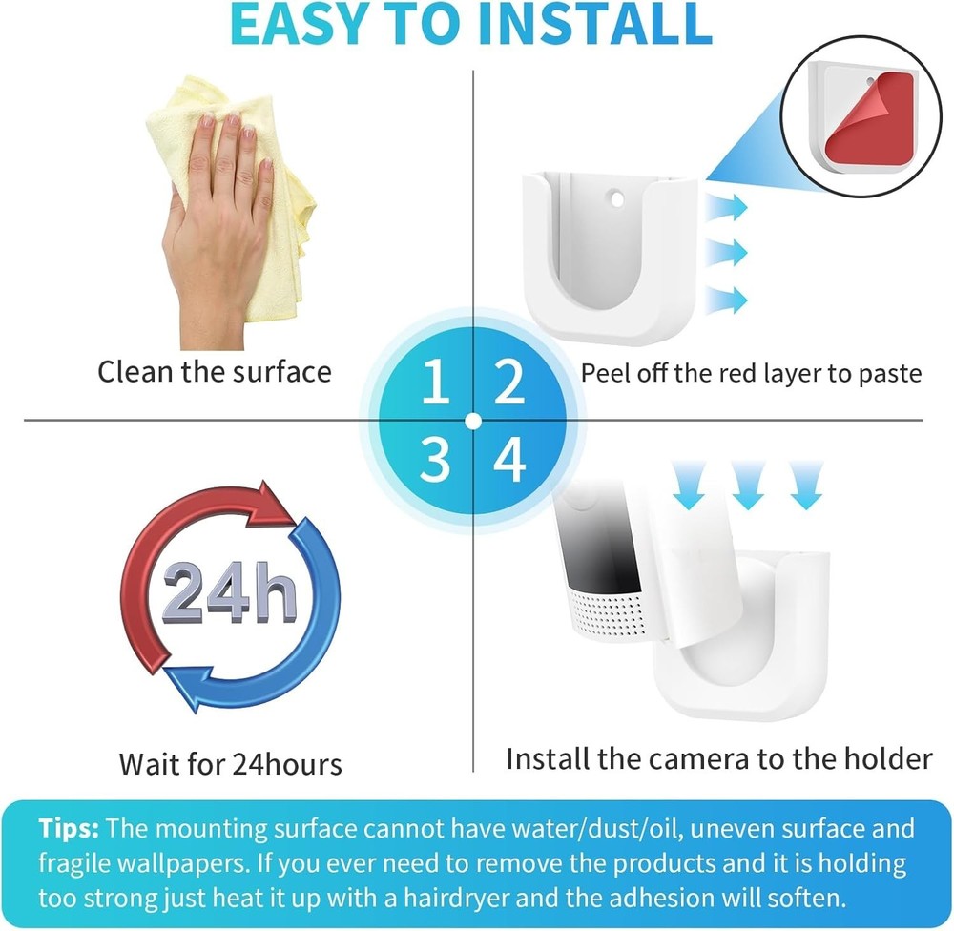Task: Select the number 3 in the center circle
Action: point(434,461)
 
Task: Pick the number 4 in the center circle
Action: point(510,461)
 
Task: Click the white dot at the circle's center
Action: point(473,420)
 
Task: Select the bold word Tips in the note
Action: point(72,828)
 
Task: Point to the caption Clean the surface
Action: point(214,371)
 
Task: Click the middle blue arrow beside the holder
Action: point(727,253)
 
